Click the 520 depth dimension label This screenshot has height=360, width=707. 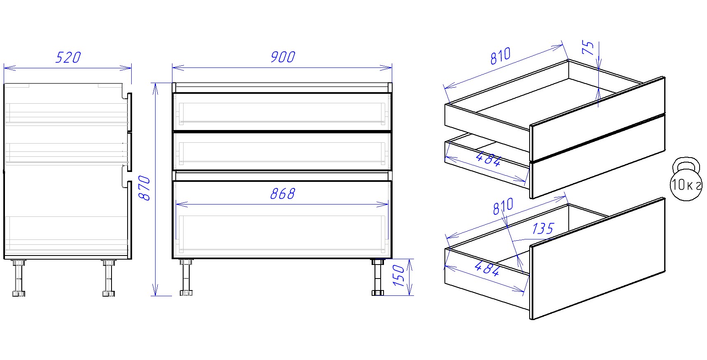68,57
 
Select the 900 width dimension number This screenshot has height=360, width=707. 283,57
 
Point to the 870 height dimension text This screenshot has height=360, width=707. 144,188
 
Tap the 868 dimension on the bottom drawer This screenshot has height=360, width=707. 283,194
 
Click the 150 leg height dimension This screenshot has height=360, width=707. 399,276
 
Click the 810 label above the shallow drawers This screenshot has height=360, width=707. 500,56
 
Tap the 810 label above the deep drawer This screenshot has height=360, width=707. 503,206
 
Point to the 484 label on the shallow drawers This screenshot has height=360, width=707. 488,159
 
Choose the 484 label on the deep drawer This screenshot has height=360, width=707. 487,269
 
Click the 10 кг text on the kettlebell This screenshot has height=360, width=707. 686,185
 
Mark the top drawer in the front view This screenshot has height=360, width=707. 282,112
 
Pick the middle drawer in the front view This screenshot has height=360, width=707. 282,151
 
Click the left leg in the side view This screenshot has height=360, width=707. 19,278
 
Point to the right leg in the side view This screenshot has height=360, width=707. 109,278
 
